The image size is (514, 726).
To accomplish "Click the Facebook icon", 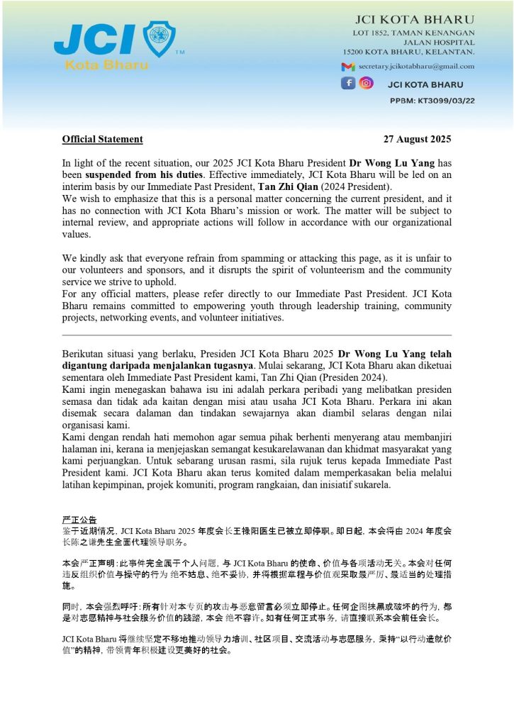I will (348, 83).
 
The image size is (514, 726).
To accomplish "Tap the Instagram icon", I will (366, 83).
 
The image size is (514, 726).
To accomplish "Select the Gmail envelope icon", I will (347, 67).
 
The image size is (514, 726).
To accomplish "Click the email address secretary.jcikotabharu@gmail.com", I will (416, 66).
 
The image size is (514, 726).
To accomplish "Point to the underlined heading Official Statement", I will (102, 139).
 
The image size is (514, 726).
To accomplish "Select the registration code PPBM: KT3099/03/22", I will (432, 101).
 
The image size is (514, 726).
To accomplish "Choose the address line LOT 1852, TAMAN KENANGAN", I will (414, 33).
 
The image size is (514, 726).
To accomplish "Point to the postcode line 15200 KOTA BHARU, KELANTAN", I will (408, 52).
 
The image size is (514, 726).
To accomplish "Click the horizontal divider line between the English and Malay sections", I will (257, 335).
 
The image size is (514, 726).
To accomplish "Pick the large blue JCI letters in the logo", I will (92, 39).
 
